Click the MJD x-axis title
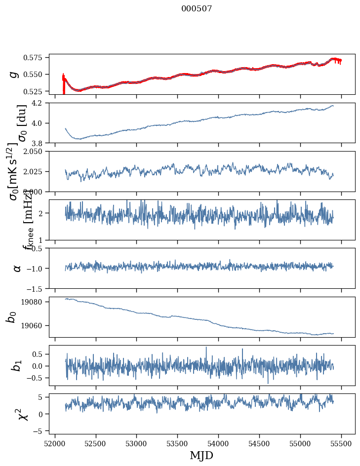(x=201, y=455)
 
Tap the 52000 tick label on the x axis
(x=55, y=443)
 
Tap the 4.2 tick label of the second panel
(x=40, y=103)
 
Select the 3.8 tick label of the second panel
(x=40, y=143)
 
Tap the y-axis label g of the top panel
(x=14, y=74)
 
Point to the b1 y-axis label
(x=17, y=365)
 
